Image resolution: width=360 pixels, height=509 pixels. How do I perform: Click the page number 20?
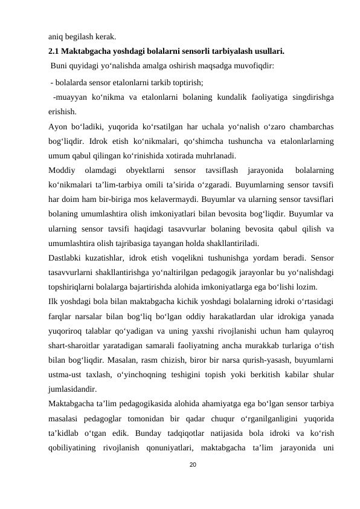pos(192,464)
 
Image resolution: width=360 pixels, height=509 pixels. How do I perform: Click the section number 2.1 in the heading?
pos(54,51)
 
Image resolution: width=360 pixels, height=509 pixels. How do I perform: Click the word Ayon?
pos(57,128)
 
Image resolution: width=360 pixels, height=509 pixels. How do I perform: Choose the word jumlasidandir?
pos(72,389)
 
